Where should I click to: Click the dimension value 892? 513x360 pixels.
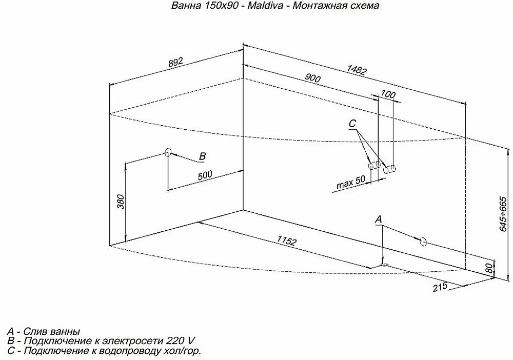175,63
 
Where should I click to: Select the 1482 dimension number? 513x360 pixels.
357,70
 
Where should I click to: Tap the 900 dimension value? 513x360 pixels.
312,78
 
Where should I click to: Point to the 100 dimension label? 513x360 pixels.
388,94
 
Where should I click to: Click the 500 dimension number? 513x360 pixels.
205,175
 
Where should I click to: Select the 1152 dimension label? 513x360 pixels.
287,241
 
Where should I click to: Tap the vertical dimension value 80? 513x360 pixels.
488,268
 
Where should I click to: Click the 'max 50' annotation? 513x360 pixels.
351,183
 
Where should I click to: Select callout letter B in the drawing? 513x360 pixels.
203,156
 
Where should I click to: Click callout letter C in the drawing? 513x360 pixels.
352,124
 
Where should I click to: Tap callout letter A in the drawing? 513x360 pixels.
378,219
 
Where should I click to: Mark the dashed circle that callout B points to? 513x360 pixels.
168,152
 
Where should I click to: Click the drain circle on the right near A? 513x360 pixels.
423,242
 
